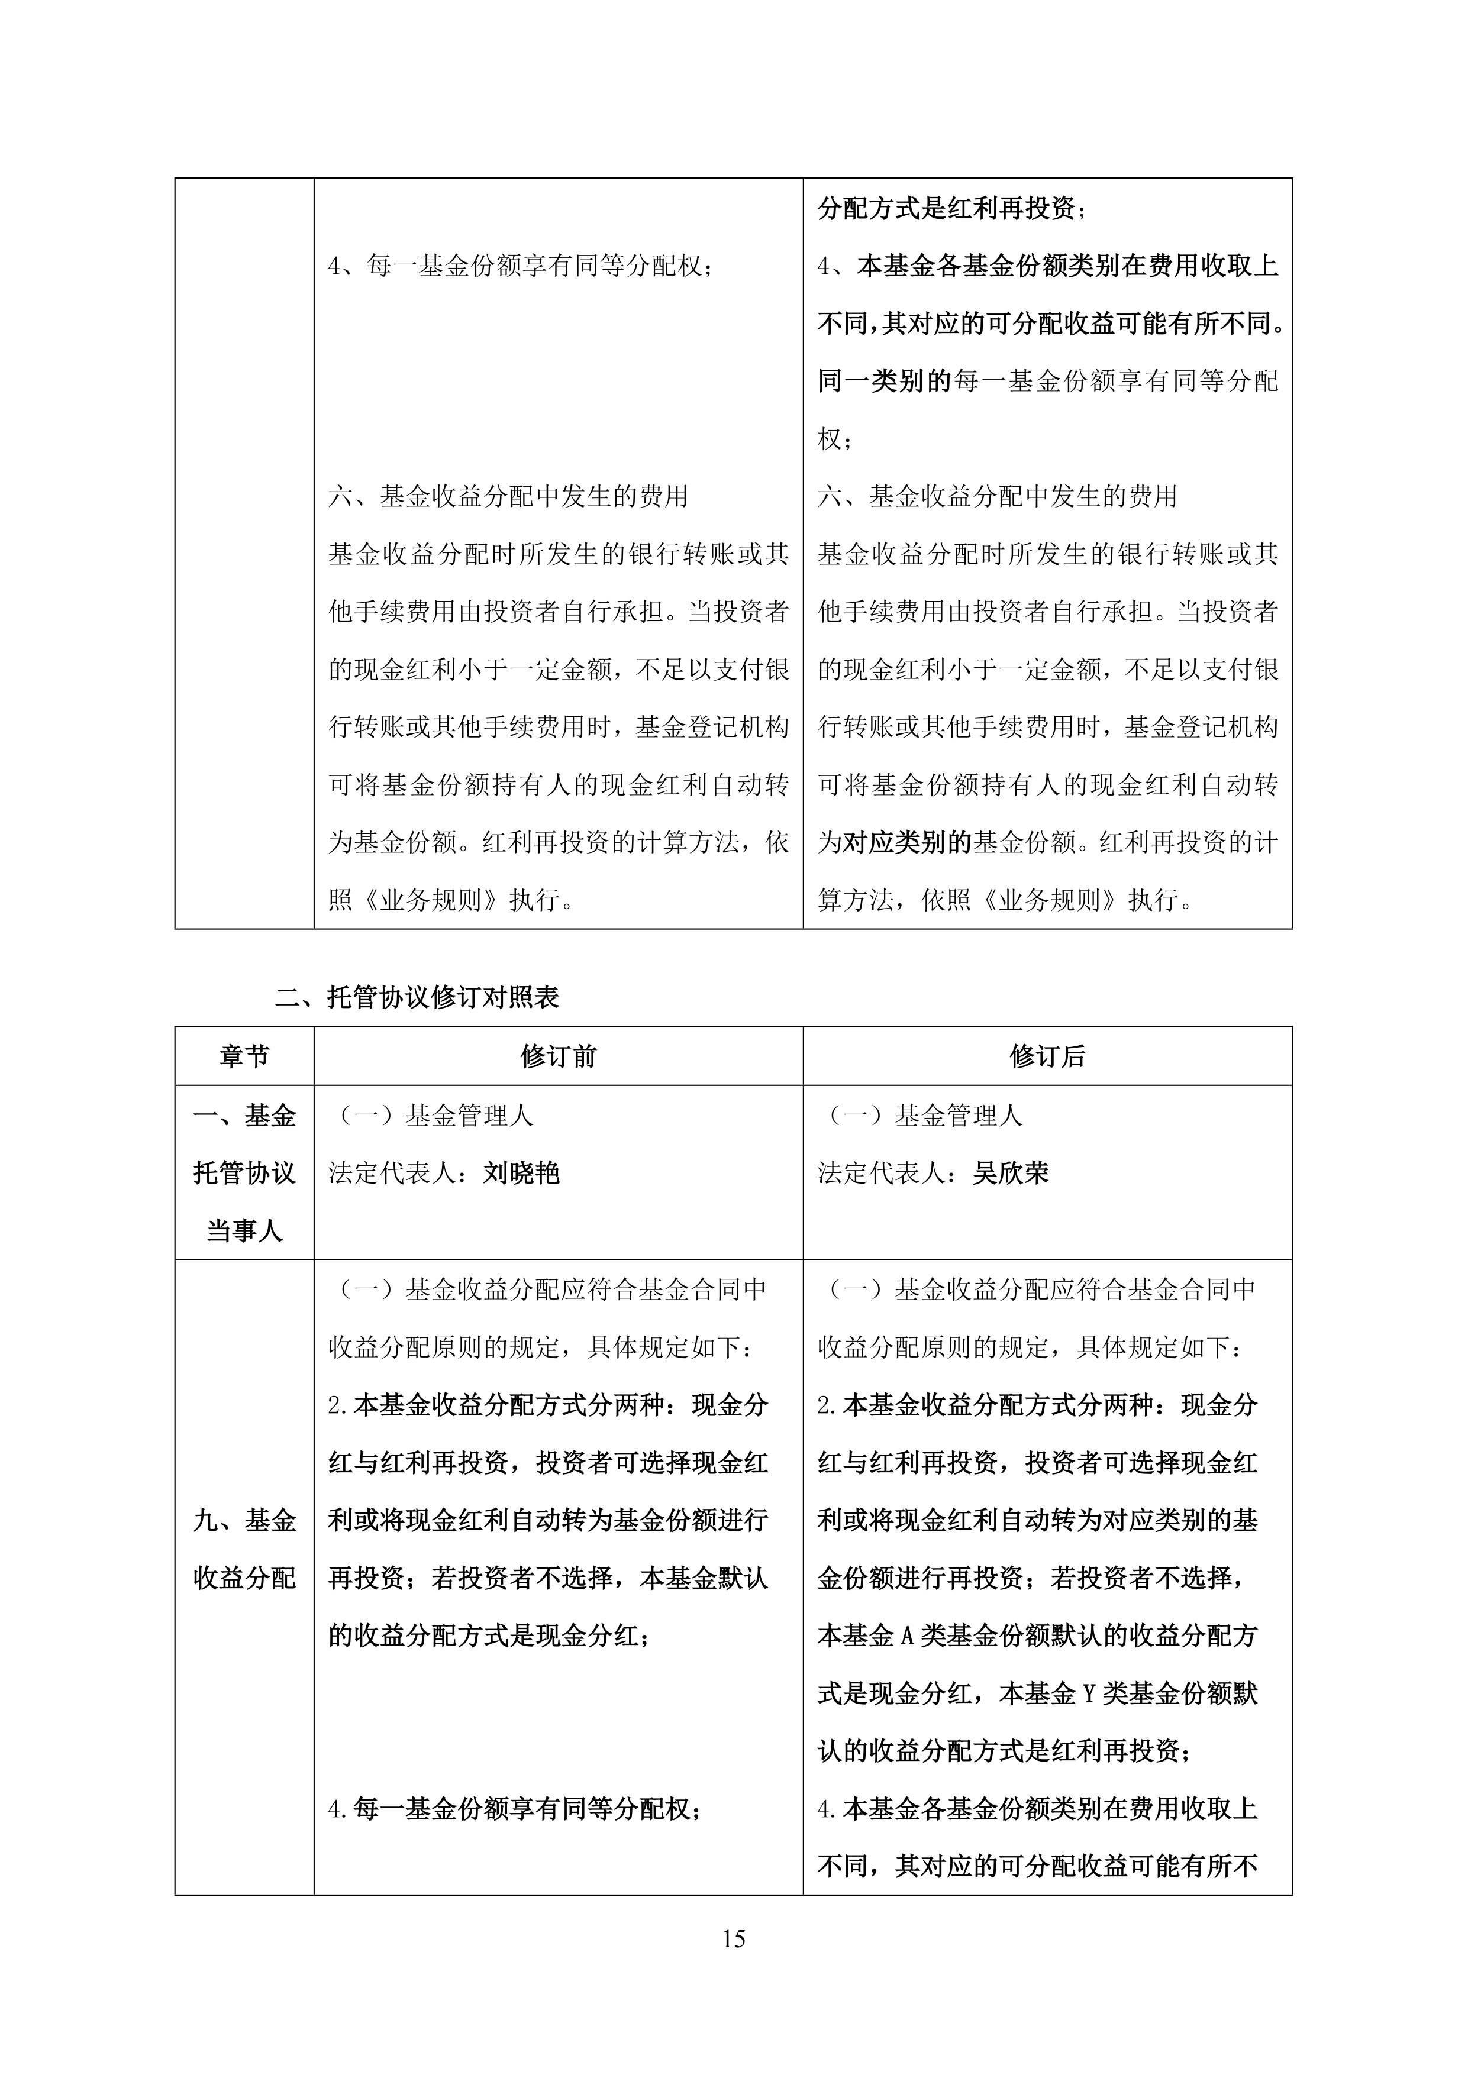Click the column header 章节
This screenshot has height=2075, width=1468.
pos(244,1056)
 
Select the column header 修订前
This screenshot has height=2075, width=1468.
pos(558,1056)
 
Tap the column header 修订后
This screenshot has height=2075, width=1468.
pos(1047,1056)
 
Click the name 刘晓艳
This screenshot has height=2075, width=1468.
pos(521,1173)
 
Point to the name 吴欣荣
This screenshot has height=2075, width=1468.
pos(1011,1173)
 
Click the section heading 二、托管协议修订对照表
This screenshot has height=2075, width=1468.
pos(418,997)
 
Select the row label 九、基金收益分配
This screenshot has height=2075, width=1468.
pos(244,1549)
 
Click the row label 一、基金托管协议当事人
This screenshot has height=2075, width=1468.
pos(244,1173)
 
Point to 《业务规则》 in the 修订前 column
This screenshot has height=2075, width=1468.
pos(431,900)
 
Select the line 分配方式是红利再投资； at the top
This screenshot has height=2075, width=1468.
pos(952,209)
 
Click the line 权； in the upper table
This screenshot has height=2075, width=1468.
pos(834,439)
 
